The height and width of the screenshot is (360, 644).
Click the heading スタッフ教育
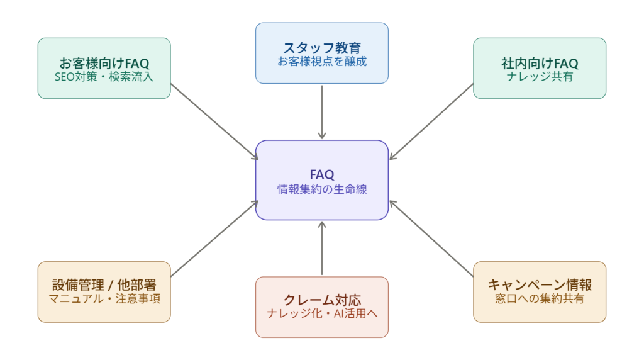pyautogui.click(x=321, y=48)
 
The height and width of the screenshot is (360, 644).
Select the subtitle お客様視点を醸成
pyautogui.click(x=321, y=62)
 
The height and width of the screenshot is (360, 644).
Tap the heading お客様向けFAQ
pyautogui.click(x=104, y=63)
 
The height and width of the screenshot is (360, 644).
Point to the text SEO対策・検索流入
pyautogui.click(x=104, y=77)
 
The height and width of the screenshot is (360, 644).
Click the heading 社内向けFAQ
pyautogui.click(x=540, y=63)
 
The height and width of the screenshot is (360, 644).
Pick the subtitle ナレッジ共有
pyautogui.click(x=540, y=77)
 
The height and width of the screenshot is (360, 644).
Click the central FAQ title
pyautogui.click(x=321, y=174)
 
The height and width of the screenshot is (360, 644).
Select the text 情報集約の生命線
pyautogui.click(x=321, y=189)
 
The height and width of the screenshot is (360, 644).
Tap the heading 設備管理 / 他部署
pyautogui.click(x=104, y=285)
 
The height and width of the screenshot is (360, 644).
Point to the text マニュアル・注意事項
pyautogui.click(x=104, y=299)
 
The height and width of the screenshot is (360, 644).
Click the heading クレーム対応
pyautogui.click(x=321, y=300)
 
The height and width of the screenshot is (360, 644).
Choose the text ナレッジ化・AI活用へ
pyautogui.click(x=321, y=313)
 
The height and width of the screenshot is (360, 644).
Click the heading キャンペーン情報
pyautogui.click(x=540, y=285)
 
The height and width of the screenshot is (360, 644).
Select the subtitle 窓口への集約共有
pyautogui.click(x=540, y=299)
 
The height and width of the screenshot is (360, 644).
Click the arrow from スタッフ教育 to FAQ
pyautogui.click(x=321, y=111)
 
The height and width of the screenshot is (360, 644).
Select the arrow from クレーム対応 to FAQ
pyautogui.click(x=321, y=248)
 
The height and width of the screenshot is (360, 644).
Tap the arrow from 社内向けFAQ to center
pyautogui.click(x=431, y=121)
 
